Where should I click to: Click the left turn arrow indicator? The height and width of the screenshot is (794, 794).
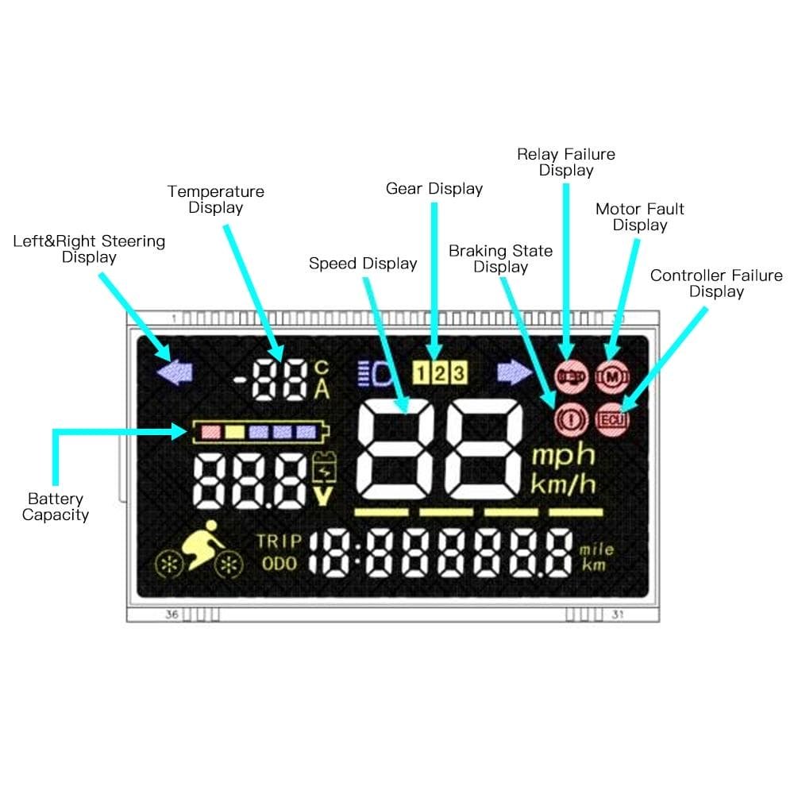tap(175, 372)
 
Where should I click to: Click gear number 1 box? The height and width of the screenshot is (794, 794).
tap(422, 372)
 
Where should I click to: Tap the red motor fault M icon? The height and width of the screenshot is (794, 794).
tap(611, 375)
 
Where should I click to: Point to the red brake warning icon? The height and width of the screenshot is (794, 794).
tap(569, 415)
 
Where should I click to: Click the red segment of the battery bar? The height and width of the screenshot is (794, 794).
tap(210, 431)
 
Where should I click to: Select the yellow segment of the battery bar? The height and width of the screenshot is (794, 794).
tap(234, 431)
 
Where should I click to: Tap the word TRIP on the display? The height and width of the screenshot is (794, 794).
tap(279, 542)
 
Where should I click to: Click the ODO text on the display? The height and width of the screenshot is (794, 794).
tap(279, 563)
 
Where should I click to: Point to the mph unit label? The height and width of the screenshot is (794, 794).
tap(563, 456)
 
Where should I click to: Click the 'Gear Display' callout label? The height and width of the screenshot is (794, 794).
tap(434, 189)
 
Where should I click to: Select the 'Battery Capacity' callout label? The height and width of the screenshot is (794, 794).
tap(56, 507)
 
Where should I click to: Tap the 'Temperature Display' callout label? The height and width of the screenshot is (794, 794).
tap(216, 199)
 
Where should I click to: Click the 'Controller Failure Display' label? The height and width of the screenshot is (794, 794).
tap(716, 283)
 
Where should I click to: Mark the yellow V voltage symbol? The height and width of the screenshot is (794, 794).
tap(323, 497)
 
